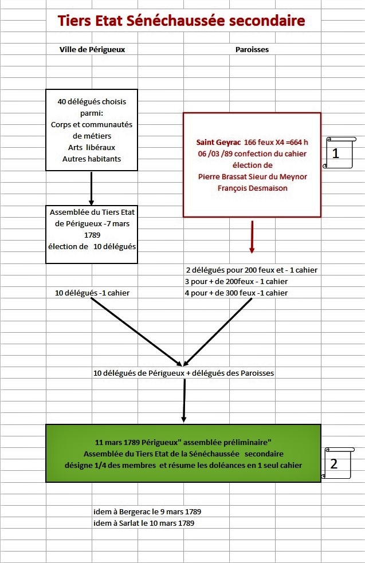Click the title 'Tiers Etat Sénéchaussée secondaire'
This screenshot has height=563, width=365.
180,22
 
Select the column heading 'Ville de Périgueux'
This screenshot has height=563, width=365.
92,50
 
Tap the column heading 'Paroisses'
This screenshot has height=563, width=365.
252,50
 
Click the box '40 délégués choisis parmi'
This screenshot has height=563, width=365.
92,130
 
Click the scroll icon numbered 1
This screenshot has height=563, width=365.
337,152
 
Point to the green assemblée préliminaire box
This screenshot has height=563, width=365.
183,453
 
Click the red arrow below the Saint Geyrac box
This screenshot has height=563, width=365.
252,238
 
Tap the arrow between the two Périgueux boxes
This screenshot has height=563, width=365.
92,189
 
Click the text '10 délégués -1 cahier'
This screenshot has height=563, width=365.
92,293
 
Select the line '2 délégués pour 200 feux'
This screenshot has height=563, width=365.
252,270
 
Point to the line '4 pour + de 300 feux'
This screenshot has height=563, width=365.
236,293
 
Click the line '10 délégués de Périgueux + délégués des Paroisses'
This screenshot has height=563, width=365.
183,373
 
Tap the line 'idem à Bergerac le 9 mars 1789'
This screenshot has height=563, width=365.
147,511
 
